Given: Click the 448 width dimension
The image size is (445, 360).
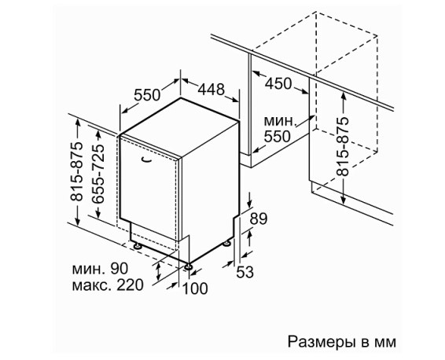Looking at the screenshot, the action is click(x=211, y=89).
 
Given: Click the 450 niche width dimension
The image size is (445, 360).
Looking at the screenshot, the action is click(x=278, y=83).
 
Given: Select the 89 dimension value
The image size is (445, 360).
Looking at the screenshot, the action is click(x=258, y=219).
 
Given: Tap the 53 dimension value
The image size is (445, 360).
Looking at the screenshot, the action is click(x=245, y=272).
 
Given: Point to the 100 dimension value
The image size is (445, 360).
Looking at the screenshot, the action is click(x=195, y=288).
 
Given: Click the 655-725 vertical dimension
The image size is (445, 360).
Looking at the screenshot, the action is click(x=97, y=174).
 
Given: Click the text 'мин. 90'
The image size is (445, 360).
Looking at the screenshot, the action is click(x=100, y=268).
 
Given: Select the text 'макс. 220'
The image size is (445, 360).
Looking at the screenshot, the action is click(x=108, y=285).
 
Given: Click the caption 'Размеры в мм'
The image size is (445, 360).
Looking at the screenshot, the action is click(x=342, y=342).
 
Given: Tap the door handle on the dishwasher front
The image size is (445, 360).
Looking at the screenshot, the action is click(x=146, y=160).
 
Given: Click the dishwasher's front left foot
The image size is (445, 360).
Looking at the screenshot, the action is click(x=138, y=245).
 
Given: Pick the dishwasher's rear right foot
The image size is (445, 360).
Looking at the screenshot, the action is click(x=226, y=244).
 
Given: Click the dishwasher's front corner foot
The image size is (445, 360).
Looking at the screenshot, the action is click(x=188, y=266).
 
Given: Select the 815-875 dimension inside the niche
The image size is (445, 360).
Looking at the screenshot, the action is click(x=343, y=147).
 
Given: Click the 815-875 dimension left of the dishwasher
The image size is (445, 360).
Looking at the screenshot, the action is click(x=76, y=171).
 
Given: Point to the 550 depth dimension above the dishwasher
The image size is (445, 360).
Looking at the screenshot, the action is click(x=147, y=95).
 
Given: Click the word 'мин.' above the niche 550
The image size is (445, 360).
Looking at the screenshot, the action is click(x=281, y=121).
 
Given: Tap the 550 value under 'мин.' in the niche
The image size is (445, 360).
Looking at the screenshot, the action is click(x=278, y=137).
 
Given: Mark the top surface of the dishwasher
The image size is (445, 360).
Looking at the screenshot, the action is click(x=179, y=127).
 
